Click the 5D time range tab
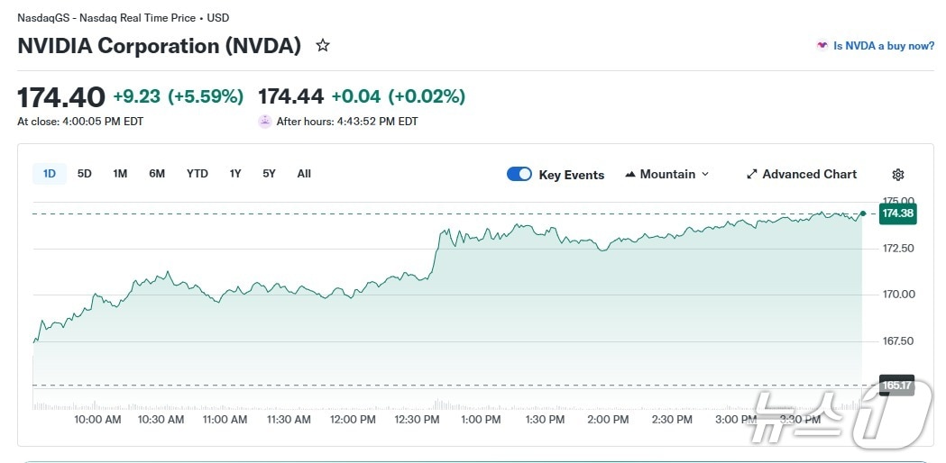84,174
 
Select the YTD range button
197,174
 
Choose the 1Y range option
234,174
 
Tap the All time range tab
304,174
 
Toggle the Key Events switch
519,174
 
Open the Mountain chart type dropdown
667,174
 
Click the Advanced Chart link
802,174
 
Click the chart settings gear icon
897,175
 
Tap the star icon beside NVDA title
322,45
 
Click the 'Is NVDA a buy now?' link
883,46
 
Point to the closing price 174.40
61,96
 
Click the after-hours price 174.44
290,96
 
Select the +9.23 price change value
136,96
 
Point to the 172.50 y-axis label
898,248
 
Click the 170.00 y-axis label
898,295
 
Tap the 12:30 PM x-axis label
416,419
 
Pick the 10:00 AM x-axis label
97,419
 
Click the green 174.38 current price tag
897,213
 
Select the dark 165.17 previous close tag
897,386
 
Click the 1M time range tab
120,174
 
